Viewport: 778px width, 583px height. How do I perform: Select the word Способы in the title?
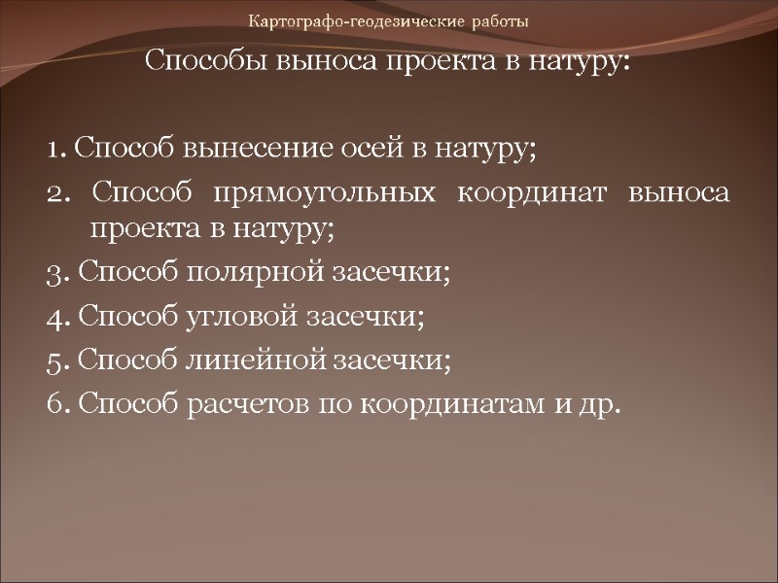click(194, 64)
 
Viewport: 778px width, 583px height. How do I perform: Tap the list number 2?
click(53, 193)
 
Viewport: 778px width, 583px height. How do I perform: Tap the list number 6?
click(53, 404)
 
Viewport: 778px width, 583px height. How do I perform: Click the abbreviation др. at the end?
click(599, 404)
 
